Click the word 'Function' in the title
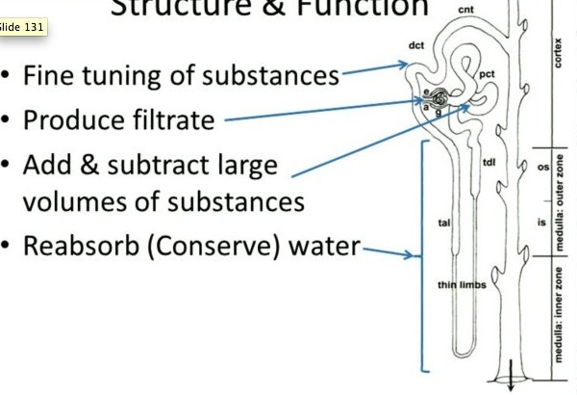(363, 8)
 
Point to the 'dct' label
(417, 45)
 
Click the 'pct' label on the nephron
(487, 73)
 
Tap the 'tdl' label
(489, 163)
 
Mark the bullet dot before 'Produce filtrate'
(8, 122)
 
